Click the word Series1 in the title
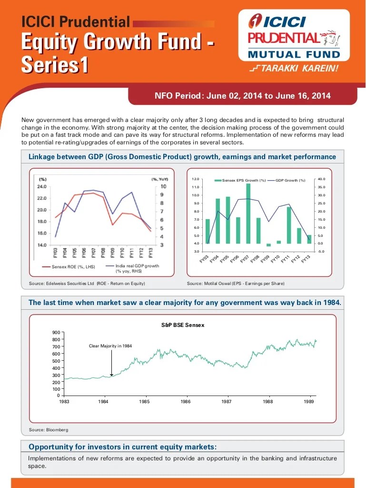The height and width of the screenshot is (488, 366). tap(55, 65)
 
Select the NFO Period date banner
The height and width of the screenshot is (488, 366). tap(243, 96)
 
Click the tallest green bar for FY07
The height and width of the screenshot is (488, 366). tap(248, 213)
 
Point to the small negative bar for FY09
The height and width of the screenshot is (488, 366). tap(268, 245)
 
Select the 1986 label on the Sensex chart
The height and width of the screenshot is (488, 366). tap(186, 402)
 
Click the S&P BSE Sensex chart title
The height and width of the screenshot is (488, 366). tap(183, 325)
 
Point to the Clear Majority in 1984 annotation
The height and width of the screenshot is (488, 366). tap(110, 346)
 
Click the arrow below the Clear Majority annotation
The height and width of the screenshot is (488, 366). tap(111, 365)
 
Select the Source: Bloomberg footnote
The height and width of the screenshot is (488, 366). tap(49, 430)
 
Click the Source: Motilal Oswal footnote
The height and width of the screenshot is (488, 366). tap(236, 284)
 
